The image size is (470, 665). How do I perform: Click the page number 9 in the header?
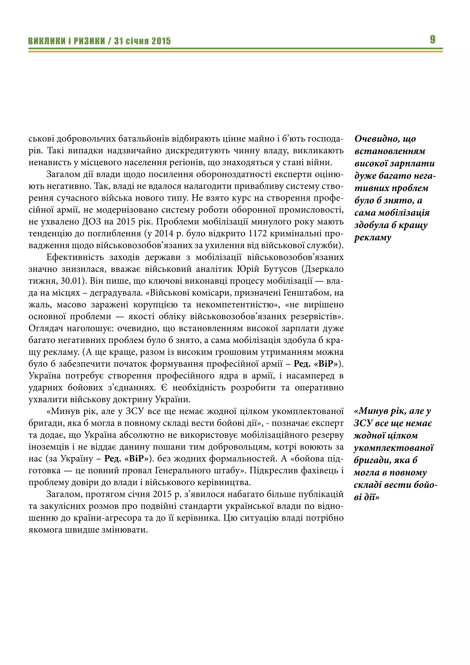click(x=432, y=39)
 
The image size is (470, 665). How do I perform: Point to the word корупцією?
click(x=155, y=305)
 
